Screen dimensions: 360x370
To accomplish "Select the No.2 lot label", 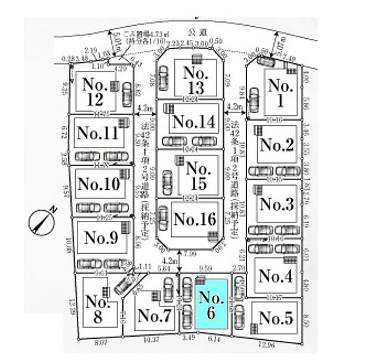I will (x=276, y=144).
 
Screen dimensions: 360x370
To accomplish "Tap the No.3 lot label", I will (x=276, y=204).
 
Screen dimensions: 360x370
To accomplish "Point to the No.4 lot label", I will (x=276, y=276).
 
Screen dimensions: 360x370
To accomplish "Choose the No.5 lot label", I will (x=276, y=318).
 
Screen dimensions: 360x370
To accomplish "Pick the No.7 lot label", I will (x=154, y=317).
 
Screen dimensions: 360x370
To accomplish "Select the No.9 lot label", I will (x=101, y=238).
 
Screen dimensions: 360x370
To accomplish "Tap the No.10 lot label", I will (x=98, y=183).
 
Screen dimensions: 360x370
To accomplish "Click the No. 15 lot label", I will (x=197, y=176).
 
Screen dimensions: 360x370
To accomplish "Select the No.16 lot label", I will (x=193, y=220).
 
